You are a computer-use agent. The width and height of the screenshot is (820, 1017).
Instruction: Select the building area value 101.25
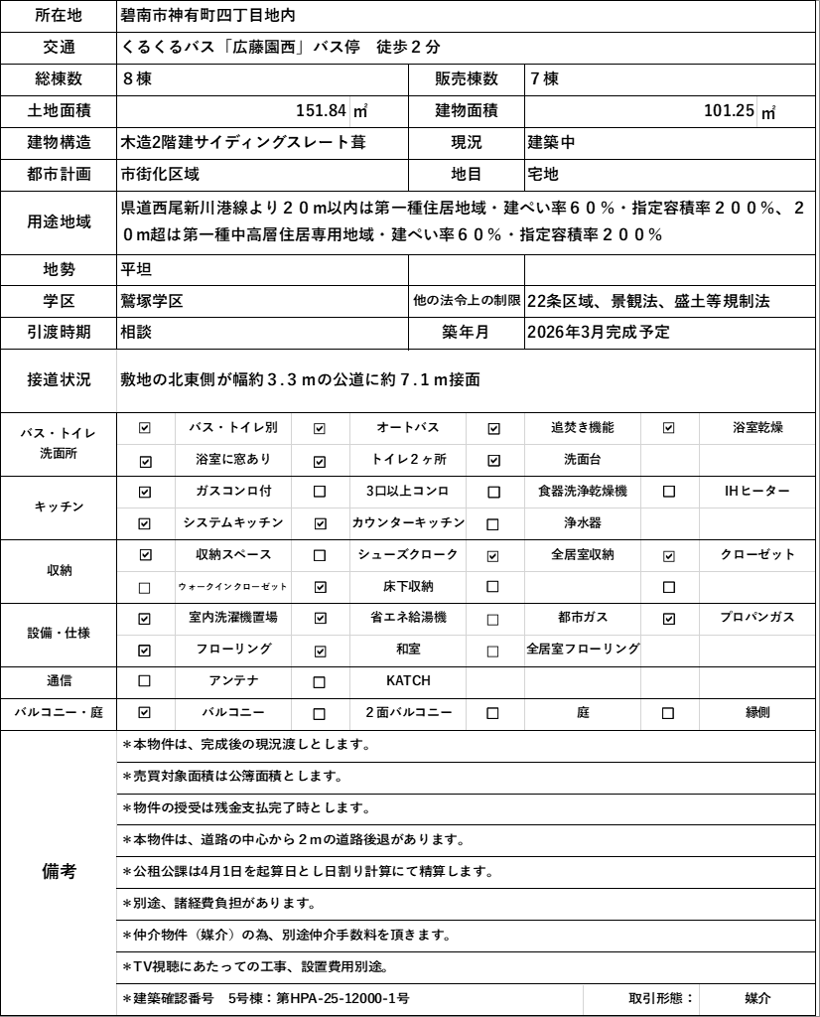[729, 110]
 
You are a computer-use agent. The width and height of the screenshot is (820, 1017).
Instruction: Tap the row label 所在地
[59, 15]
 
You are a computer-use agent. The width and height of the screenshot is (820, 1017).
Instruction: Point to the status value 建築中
[551, 142]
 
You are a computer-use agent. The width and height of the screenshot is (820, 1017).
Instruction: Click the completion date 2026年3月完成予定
[599, 333]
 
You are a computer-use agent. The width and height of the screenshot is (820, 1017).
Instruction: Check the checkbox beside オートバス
[320, 428]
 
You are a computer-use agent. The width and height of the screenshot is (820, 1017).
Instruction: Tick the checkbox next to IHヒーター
[668, 492]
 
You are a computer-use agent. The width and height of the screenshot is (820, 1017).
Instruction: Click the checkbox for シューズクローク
[320, 555]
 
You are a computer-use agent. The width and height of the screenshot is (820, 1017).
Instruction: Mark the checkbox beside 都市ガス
[493, 619]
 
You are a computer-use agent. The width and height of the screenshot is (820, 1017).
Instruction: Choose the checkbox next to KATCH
[320, 682]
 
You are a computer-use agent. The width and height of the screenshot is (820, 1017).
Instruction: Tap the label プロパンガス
[757, 618]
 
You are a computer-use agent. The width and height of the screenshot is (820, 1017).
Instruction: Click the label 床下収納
[408, 586]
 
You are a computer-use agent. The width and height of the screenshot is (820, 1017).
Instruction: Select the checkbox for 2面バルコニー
[320, 713]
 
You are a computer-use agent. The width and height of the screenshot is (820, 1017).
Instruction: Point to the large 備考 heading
[59, 871]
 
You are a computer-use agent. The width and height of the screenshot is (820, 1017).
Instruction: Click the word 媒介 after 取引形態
[758, 998]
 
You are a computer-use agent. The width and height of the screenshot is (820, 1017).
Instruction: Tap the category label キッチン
[59, 507]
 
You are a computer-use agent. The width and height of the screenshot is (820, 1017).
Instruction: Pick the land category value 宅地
[544, 174]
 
